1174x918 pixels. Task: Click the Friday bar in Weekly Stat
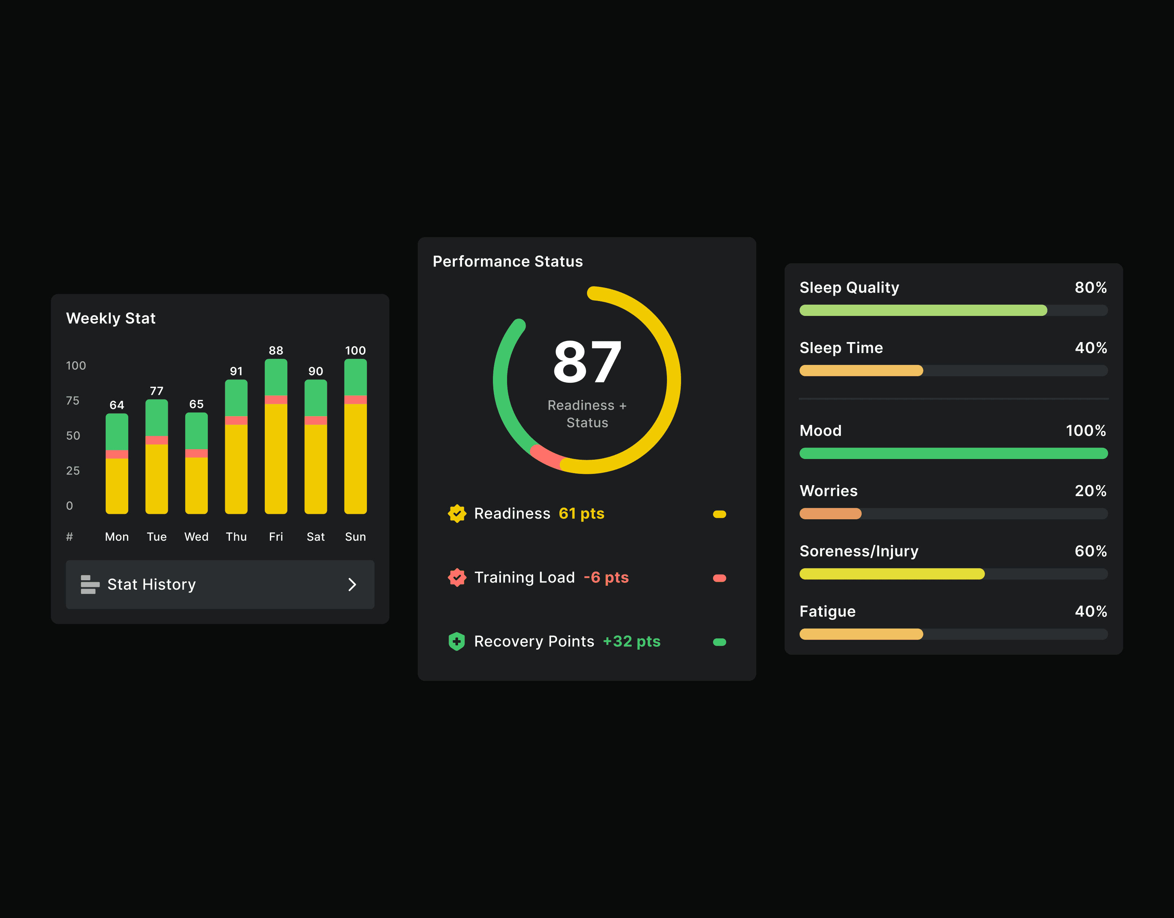coord(276,436)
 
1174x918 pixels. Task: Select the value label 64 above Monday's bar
coord(117,405)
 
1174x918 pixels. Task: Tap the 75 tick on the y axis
coord(73,401)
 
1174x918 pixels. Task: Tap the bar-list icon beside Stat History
coord(90,584)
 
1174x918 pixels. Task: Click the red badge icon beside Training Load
coord(457,578)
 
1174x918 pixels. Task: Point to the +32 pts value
coord(632,641)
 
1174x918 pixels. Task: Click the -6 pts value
coord(606,577)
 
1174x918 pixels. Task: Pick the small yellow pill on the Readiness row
coord(719,514)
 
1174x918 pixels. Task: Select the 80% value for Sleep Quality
coord(1091,288)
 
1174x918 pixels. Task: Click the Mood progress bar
coord(954,453)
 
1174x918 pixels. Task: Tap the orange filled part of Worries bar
coord(830,513)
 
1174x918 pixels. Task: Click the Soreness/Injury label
coord(859,552)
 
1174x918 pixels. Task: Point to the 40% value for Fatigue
coord(1091,611)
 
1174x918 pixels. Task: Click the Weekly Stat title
coord(111,318)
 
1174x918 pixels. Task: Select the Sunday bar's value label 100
coord(355,350)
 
